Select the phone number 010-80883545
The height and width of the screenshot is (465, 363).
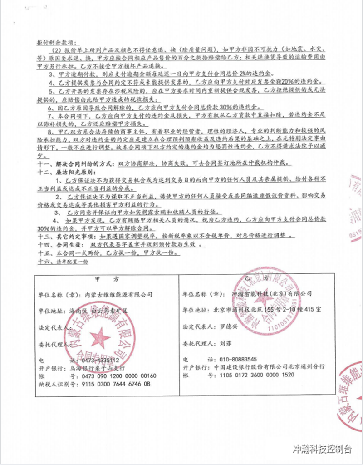(232, 358)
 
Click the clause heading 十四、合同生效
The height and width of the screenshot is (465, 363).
(55, 244)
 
